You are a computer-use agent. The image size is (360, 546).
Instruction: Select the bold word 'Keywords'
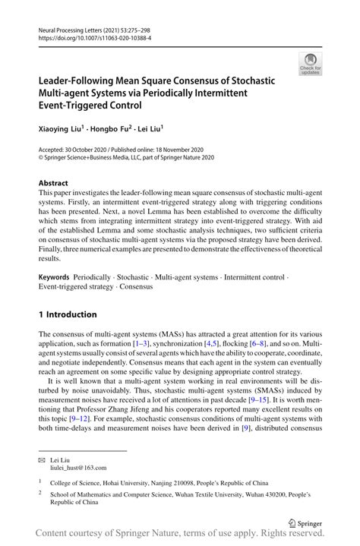click(x=55, y=278)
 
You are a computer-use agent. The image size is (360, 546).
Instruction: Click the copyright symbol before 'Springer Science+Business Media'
click(x=42, y=159)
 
